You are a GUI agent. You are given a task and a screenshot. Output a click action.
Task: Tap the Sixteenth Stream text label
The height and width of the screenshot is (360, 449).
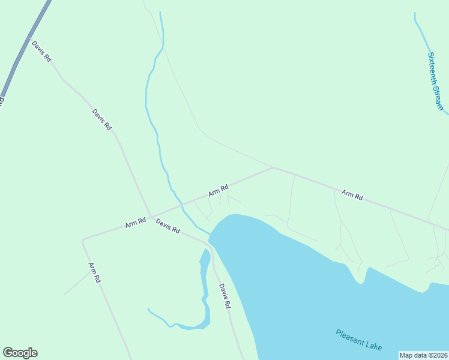[x=435, y=81]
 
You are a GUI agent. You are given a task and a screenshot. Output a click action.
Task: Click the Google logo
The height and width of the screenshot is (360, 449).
[x=20, y=353]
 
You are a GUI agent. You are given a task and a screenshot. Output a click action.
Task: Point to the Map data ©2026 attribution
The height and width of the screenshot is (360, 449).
[x=423, y=355]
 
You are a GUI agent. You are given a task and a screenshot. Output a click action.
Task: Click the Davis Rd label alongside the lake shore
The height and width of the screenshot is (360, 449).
[x=224, y=296]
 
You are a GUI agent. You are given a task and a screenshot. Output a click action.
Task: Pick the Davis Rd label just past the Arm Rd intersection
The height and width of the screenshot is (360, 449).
[x=168, y=226]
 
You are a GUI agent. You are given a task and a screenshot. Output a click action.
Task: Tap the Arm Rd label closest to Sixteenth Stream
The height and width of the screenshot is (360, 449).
[x=352, y=195]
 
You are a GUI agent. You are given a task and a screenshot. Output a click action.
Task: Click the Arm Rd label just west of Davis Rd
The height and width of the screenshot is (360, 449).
[x=136, y=223]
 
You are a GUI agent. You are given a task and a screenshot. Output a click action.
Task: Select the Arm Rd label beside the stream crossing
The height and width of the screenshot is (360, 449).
[x=218, y=191]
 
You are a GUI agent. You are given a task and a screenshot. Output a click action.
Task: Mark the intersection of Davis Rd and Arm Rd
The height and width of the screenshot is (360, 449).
[x=151, y=216]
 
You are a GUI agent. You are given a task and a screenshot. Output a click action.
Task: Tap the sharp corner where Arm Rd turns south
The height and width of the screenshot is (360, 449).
[x=83, y=241]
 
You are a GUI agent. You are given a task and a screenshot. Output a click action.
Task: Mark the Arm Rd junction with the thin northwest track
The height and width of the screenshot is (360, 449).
[x=273, y=168]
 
